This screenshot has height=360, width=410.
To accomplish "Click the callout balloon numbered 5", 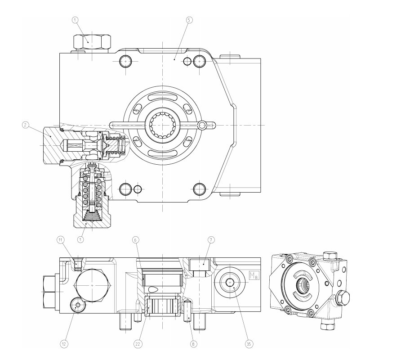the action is coord(189,20).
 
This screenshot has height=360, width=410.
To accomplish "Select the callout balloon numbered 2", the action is coord(25,125).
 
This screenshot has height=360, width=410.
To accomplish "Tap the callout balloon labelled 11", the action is coord(61,239).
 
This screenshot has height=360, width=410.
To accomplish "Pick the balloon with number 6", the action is coord(135,239).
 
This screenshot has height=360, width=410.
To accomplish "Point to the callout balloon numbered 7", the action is coord(211,239).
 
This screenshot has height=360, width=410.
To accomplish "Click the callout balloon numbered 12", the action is coord(64,344).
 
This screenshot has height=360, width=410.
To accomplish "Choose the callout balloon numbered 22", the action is coord(138,344).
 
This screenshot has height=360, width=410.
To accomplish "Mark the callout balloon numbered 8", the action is coord(193,344).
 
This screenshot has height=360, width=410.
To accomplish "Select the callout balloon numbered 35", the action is coord(249,344).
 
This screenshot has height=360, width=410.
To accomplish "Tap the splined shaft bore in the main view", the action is coord(162,125).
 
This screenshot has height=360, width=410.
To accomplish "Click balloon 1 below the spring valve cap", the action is coord(80,239).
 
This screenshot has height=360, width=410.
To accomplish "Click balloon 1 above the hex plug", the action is coord(75,20).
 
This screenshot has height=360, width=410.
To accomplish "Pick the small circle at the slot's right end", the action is coord(202,126).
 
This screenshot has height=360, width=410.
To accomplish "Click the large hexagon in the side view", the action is coord(92,285).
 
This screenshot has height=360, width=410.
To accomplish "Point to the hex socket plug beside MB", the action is coord(230,282).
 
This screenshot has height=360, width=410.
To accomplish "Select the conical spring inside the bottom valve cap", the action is coord(92,217).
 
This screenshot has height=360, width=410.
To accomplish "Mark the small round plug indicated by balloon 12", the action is coord(78,305).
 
